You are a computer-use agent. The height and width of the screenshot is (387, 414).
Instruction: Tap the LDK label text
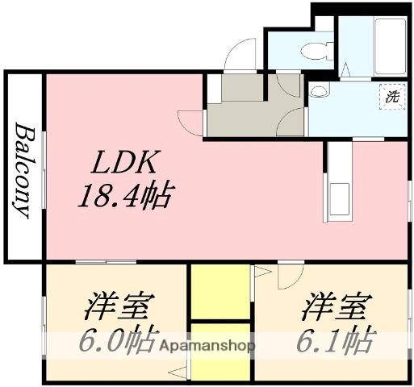[x=123, y=164]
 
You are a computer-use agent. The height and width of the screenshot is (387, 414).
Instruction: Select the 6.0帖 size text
[x=119, y=341]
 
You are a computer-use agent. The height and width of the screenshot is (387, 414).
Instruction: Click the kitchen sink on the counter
[x=337, y=197]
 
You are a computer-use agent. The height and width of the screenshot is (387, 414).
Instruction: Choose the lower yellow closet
[x=220, y=352]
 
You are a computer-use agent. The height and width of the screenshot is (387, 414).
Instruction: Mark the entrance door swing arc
[x=239, y=55]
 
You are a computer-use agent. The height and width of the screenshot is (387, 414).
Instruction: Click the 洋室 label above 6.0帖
[x=121, y=309]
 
